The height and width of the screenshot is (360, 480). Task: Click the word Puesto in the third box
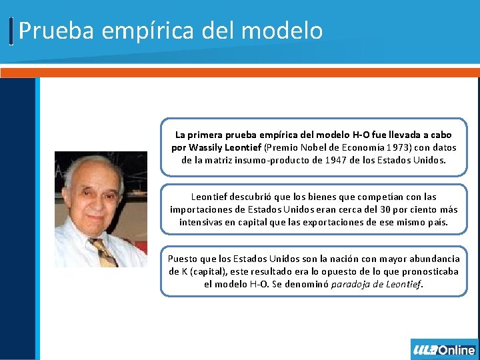tap(181, 259)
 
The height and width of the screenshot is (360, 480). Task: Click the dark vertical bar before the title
tap(11, 31)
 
